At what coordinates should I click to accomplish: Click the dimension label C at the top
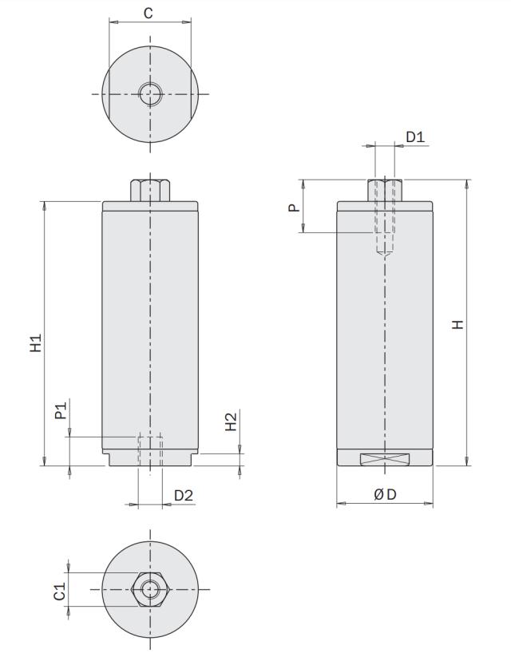(x=149, y=13)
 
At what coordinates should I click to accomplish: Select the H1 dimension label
(x=36, y=343)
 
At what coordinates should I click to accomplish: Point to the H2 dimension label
(x=231, y=422)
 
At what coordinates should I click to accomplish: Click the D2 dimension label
(x=184, y=496)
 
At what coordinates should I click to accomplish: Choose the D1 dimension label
(x=415, y=137)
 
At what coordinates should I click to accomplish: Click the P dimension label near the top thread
(x=294, y=207)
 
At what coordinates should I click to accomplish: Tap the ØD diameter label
(x=386, y=495)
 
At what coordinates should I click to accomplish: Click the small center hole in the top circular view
(x=149, y=94)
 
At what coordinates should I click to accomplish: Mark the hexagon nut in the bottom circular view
(x=149, y=589)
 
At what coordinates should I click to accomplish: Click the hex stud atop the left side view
(x=149, y=190)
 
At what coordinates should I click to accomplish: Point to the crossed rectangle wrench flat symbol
(x=385, y=458)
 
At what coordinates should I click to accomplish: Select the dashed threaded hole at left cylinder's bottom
(x=150, y=450)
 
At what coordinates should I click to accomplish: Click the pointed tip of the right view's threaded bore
(x=385, y=255)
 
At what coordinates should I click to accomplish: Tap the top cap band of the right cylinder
(x=385, y=206)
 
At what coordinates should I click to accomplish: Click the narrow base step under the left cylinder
(x=150, y=460)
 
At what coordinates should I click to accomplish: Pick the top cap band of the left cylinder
(x=150, y=206)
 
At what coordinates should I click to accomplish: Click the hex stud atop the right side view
(x=385, y=190)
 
